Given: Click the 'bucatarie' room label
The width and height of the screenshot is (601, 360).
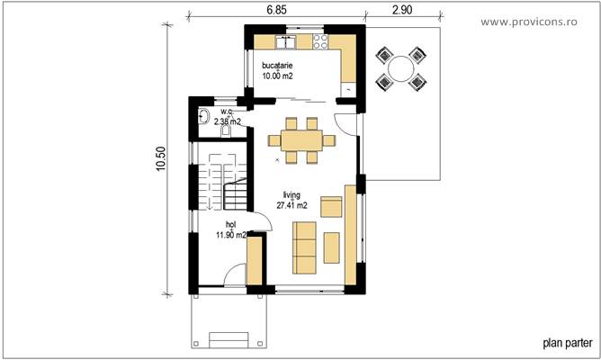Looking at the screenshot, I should (x=277, y=67).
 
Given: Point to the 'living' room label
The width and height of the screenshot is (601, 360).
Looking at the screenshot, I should (x=290, y=194).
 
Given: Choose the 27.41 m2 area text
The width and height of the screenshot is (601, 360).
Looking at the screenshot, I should (x=292, y=205).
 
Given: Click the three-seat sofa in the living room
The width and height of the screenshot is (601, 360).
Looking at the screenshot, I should (x=304, y=247).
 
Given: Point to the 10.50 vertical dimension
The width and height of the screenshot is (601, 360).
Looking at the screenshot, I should (x=160, y=159).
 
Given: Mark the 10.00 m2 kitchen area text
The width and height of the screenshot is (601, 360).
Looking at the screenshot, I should (x=277, y=77).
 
